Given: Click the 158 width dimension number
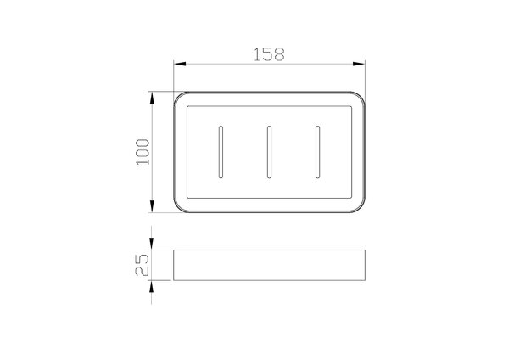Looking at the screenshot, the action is coord(269,54).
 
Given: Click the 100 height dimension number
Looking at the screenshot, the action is coord(143,152).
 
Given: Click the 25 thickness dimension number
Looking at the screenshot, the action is coord(143,265).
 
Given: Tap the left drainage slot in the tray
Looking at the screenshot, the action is coord(221,152).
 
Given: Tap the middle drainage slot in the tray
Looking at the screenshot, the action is coord(269,152).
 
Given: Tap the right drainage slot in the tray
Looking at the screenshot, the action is coord(317,152).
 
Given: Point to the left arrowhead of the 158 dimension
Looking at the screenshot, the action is coord(180,64).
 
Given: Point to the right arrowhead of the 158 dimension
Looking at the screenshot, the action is coord(359,64).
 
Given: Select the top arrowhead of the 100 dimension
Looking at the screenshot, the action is coord(152,98).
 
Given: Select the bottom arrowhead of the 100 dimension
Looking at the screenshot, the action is coord(152,206).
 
